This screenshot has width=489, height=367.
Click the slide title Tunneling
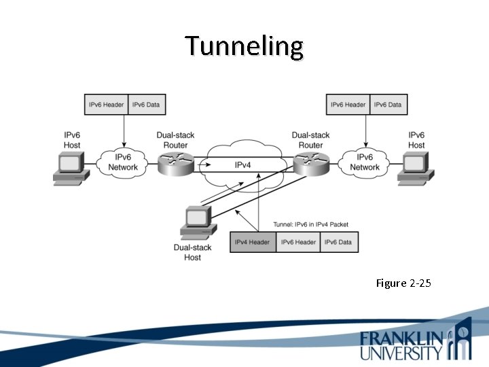(244, 47)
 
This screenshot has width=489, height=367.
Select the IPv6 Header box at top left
(106, 105)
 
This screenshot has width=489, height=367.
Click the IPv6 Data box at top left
(146, 105)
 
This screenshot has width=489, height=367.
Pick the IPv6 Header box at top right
(347, 105)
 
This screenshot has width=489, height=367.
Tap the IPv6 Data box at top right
(388, 105)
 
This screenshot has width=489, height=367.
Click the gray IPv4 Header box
(253, 243)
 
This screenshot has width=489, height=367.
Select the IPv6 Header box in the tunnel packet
(298, 243)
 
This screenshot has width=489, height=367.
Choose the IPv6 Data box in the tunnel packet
(339, 243)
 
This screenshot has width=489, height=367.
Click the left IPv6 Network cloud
(122, 163)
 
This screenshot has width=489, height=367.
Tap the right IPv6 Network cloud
(365, 163)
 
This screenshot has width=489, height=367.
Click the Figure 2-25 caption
(403, 283)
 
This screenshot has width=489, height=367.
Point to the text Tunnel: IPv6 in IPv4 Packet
(311, 224)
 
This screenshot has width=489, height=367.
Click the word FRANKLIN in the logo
(403, 338)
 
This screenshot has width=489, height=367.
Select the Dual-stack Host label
(192, 253)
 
